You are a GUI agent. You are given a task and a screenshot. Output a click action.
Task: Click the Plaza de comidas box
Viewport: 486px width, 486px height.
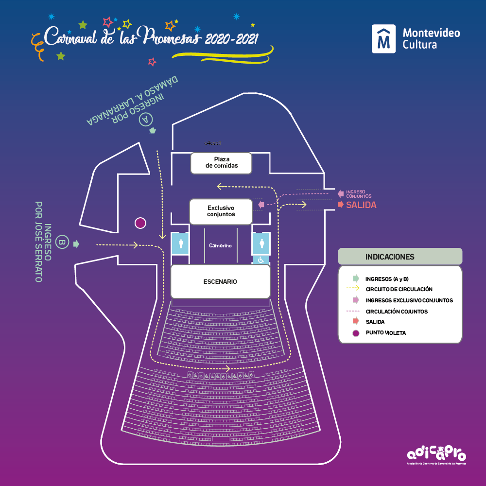221,163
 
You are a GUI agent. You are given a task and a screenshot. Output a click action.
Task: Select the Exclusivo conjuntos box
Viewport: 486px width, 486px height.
221,211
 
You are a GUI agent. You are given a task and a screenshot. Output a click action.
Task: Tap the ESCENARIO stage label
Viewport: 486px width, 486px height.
220,281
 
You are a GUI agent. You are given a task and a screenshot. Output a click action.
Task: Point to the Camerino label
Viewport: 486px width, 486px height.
220,245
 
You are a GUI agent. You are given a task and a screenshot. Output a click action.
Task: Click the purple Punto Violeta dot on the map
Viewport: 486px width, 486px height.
140,223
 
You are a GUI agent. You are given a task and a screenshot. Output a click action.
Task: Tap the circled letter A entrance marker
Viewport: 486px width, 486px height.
146,119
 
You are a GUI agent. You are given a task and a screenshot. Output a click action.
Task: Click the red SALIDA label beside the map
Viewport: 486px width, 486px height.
361,205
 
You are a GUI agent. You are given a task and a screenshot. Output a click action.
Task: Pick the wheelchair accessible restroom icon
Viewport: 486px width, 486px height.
260,260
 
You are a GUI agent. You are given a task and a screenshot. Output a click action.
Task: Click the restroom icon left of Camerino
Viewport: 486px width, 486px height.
180,243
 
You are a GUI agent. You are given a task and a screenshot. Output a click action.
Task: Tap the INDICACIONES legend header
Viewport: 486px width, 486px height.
390,257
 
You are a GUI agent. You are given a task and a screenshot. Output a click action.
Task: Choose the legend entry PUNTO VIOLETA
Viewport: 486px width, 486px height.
385,333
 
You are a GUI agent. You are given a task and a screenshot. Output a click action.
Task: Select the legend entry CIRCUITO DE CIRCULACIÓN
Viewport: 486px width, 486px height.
399,289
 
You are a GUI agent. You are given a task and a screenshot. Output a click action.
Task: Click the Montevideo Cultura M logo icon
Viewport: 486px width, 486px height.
384,39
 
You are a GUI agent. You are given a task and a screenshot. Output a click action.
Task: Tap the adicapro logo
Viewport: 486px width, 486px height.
436,454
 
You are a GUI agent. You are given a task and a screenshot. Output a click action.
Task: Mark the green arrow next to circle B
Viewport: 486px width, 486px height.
76,244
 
